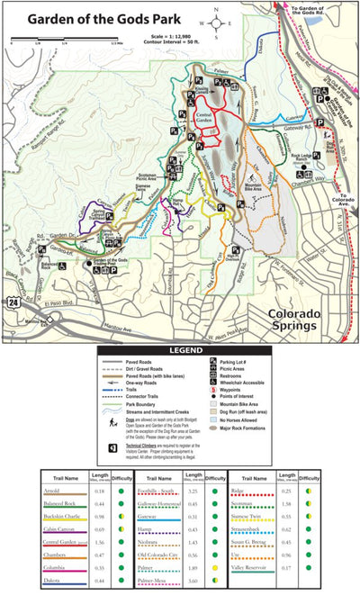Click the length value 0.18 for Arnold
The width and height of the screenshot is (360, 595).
pyautogui.click(x=101, y=491)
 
